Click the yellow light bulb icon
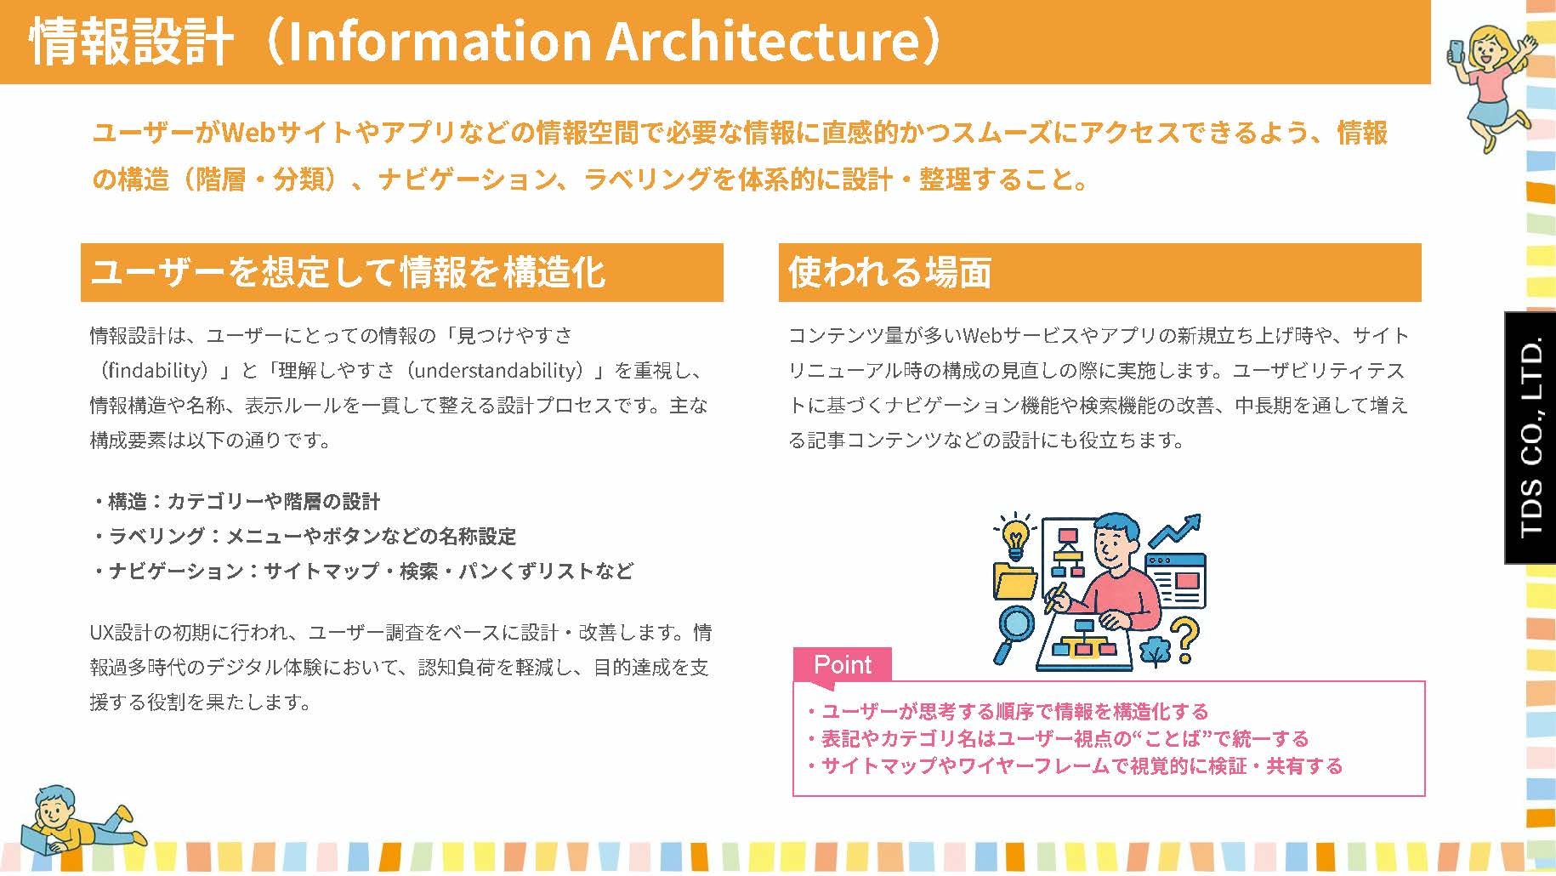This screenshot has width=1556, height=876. (x=1014, y=538)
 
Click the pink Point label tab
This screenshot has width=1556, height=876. (x=842, y=664)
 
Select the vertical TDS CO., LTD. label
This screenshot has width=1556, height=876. (x=1530, y=438)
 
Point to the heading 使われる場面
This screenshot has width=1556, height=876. (x=889, y=272)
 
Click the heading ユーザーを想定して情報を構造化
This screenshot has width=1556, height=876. (x=348, y=272)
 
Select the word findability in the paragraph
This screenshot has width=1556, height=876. (x=158, y=371)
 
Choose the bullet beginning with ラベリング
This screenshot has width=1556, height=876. (x=304, y=536)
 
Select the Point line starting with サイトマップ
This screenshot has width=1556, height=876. (x=1075, y=766)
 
